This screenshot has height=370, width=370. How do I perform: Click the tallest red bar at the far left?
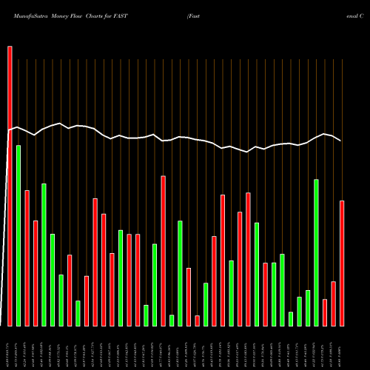[10, 185]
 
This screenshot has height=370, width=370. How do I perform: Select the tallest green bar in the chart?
[18, 235]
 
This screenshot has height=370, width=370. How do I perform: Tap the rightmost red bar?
[342, 263]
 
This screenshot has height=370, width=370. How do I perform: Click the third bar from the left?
[27, 258]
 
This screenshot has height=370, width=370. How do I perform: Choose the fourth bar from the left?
[36, 273]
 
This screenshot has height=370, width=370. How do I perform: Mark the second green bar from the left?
[44, 255]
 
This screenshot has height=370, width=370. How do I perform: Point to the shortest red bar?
[198, 320]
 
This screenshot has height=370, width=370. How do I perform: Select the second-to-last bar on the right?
[334, 303]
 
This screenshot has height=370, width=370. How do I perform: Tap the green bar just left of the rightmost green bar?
[308, 308]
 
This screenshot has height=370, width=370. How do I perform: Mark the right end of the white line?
[340, 141]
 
